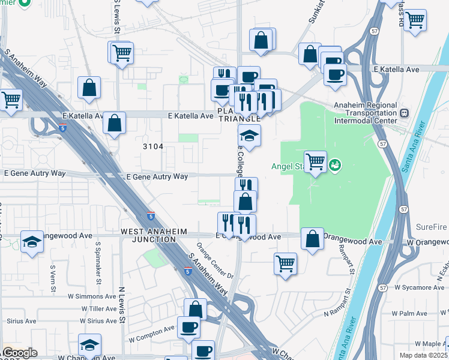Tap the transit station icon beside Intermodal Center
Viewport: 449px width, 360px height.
405,112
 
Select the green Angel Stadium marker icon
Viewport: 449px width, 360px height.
335,163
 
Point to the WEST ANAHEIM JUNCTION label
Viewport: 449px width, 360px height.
154,235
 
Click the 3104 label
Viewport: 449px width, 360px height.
154,147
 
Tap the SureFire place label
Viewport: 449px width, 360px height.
432,227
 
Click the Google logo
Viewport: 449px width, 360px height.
19,353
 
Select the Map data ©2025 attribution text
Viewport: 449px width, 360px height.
423,355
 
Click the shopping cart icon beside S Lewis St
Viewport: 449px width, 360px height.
121,52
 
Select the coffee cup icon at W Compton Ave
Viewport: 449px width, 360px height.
188,327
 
